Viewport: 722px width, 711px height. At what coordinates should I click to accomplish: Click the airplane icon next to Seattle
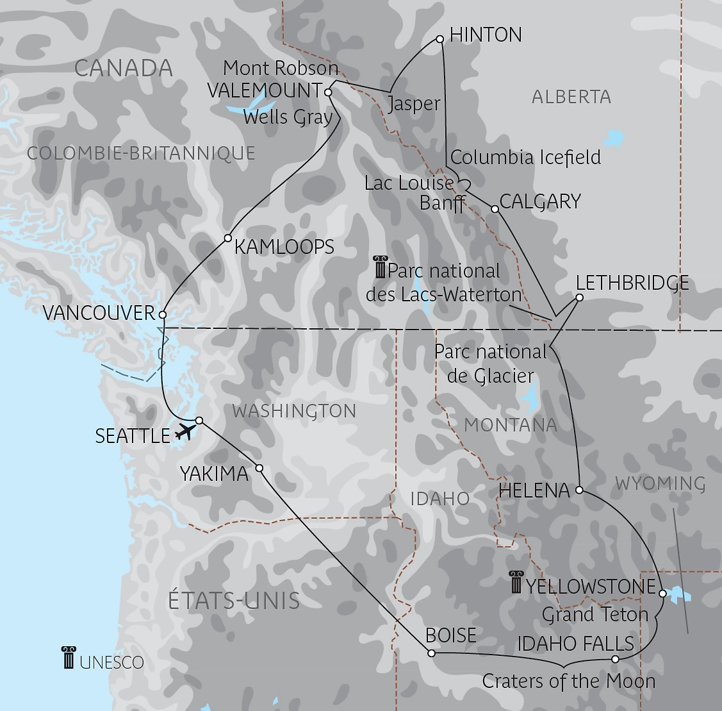pos(185,431)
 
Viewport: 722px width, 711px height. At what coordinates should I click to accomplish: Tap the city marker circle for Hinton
pos(440,39)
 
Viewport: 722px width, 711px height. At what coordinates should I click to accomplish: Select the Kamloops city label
pos(284,247)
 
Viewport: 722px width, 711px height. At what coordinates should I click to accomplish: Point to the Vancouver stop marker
pos(163,315)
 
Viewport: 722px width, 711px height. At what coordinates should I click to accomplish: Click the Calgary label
pos(539,201)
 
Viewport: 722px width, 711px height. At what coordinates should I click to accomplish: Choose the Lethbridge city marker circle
pos(579,297)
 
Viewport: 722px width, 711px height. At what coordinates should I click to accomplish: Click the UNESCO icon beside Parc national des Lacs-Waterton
pos(380,267)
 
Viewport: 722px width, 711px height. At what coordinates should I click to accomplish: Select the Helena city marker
pos(578,490)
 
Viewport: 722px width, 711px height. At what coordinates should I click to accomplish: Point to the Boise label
pos(451,635)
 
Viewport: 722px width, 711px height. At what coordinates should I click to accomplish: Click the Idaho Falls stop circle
pos(615,659)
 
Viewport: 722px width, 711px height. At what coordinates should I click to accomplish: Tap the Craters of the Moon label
pos(568,681)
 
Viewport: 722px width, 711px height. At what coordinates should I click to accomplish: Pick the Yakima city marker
pos(259,468)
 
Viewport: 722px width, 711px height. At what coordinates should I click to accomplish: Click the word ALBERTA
pos(571,97)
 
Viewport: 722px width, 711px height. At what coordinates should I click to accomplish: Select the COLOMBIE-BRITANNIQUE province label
pos(141,153)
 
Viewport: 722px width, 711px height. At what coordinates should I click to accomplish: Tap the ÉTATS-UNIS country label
pos(234,601)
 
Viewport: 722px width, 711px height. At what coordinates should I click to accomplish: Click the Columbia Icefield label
pos(525,157)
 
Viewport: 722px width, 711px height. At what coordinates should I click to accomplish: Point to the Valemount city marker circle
pos(328,92)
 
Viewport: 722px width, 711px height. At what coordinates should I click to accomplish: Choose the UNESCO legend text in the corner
pos(111,662)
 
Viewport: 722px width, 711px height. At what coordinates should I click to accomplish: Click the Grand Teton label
pos(595,614)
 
